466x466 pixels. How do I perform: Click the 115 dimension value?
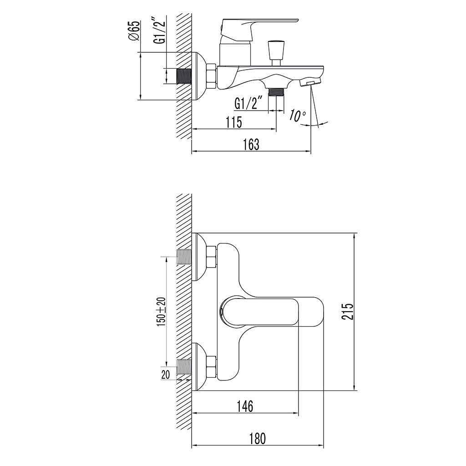click(x=233, y=122)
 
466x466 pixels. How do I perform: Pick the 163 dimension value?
click(x=251, y=144)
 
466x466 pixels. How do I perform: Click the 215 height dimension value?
click(x=347, y=311)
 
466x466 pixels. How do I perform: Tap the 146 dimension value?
click(x=245, y=406)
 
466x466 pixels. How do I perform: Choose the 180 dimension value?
click(x=258, y=439)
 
